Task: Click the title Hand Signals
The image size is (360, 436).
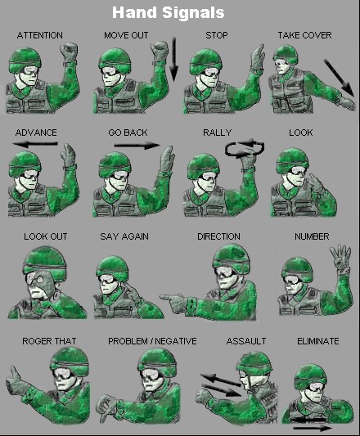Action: (179, 13)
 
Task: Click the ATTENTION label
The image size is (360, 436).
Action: (39, 35)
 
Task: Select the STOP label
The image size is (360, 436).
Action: (218, 35)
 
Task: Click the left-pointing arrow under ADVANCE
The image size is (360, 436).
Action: (35, 144)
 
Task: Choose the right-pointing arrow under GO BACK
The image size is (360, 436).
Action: (137, 146)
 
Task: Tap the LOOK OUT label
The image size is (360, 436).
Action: (45, 236)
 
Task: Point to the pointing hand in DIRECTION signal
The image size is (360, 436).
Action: (174, 299)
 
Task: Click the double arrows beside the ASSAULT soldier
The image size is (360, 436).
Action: (219, 384)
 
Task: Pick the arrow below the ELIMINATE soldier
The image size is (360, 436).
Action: (312, 426)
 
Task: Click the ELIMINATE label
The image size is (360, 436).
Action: (317, 341)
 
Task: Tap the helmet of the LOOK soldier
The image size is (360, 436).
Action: (291, 158)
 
